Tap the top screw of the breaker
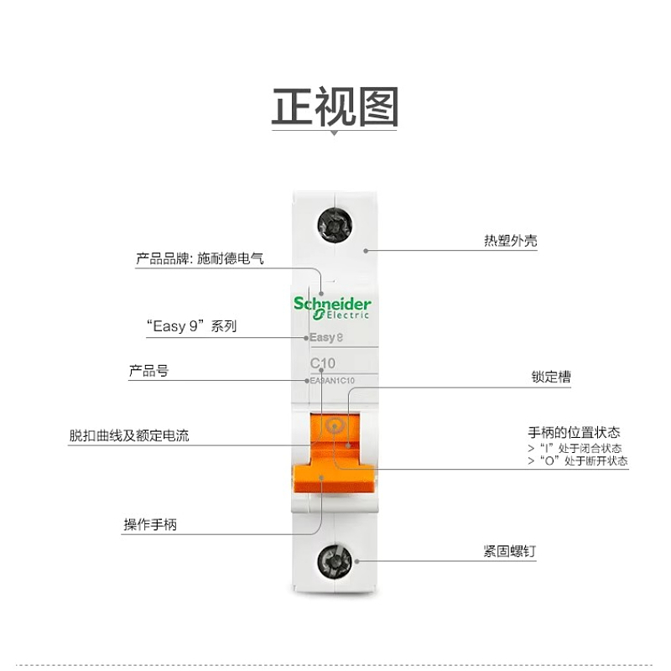point(334,224)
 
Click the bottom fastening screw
point(335,563)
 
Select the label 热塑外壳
point(510,241)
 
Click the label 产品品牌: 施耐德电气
point(200,259)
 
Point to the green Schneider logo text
point(332,304)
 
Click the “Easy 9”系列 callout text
point(191,326)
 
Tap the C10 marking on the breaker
point(323,363)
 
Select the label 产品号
point(148,371)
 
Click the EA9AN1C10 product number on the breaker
point(333,381)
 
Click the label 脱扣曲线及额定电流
point(129,436)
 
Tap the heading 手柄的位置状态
point(574,433)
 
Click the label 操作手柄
point(150,525)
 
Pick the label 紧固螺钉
point(509,551)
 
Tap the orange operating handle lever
point(333,478)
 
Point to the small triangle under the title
point(335,132)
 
